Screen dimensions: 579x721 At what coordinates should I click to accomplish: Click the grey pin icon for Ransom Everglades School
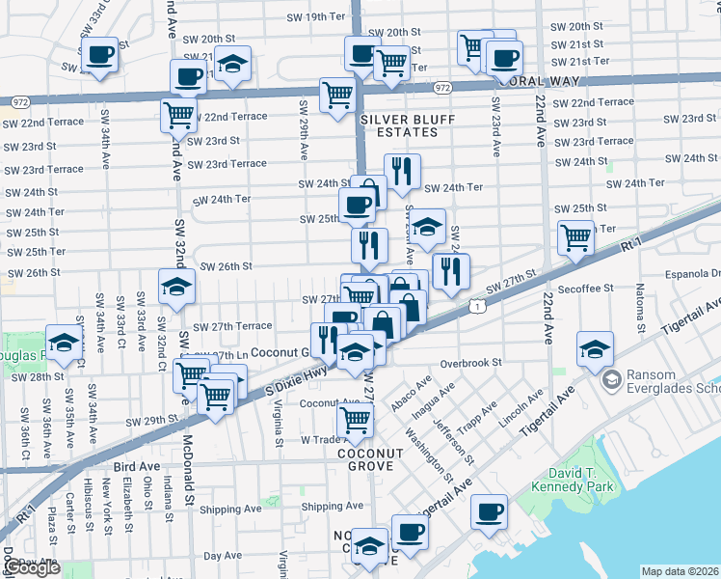coord(609,381)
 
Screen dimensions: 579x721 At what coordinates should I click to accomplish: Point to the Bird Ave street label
coord(136,466)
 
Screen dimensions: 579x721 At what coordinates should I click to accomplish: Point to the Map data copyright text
coord(680,571)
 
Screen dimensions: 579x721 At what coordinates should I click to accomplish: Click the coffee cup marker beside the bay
coord(490,511)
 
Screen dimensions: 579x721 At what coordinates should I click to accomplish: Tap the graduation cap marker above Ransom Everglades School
coord(595,348)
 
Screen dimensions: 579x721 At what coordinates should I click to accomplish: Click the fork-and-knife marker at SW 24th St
coord(402,172)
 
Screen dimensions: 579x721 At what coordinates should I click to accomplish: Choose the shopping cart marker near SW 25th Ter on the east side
coord(575,236)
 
